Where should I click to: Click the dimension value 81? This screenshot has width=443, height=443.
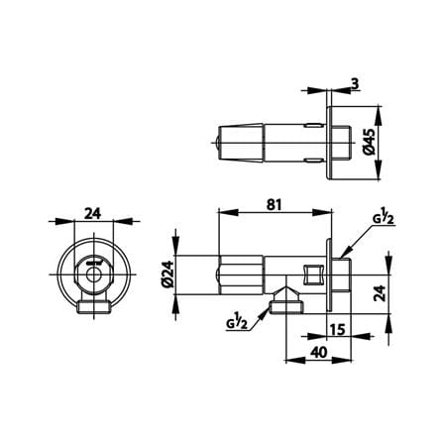pos(275,205)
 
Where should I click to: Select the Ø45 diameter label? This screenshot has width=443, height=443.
pos(370,142)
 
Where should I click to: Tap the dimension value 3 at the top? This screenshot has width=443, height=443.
pos(355,84)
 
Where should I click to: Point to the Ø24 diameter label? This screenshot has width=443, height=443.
pos(167,275)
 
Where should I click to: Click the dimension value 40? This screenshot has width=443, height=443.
pos(319,352)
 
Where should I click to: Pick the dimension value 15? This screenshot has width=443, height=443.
pos(337,329)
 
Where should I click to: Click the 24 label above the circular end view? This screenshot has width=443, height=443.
pos(93,214)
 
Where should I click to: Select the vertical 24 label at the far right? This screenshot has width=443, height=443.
pos(380,293)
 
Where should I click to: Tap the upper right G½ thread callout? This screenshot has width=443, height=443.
pos(384,219)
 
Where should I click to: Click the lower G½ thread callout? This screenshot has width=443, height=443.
pos(237,322)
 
